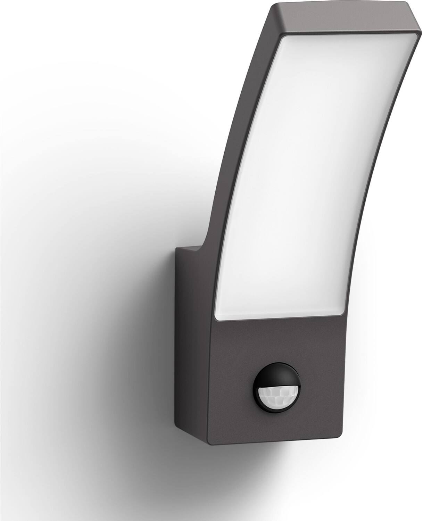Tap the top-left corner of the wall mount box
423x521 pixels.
pos(176,247)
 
